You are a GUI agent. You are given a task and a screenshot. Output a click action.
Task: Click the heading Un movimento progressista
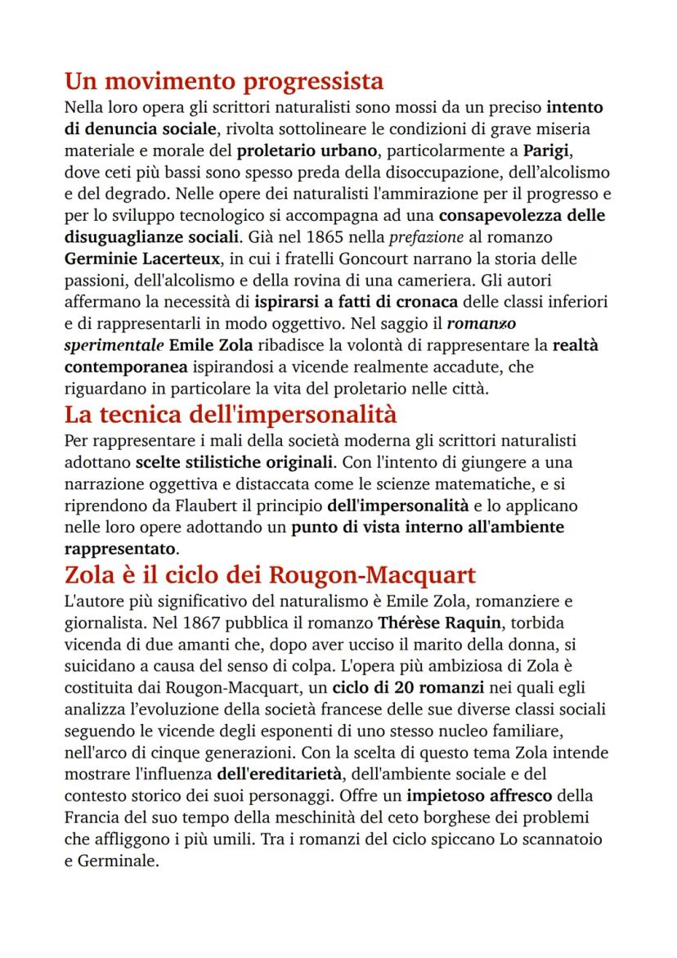tap(224, 82)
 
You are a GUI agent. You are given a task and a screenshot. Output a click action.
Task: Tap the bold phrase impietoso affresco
tap(484, 794)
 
